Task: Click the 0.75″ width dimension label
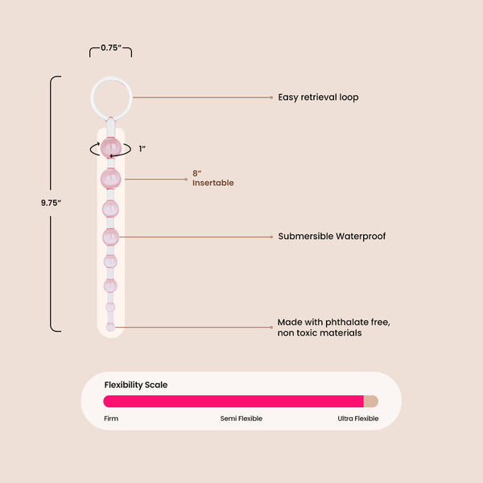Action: [110, 47]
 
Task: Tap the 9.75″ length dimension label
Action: [52, 203]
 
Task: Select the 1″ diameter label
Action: [142, 148]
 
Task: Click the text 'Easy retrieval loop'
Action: [318, 97]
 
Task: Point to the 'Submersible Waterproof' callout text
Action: [332, 237]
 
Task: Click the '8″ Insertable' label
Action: [213, 178]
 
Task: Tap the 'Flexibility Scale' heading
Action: [136, 385]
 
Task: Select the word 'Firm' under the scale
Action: [111, 419]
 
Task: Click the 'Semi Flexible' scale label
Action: [242, 419]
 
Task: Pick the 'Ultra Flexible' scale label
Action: [358, 419]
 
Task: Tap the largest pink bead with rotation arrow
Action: [110, 148]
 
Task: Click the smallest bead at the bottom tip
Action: [110, 327]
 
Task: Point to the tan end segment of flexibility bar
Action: [370, 401]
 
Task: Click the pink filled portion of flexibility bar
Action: [233, 401]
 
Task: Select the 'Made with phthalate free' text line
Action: [333, 322]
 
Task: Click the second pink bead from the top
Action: [110, 178]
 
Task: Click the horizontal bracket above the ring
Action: [110, 55]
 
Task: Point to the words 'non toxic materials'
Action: [320, 332]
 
